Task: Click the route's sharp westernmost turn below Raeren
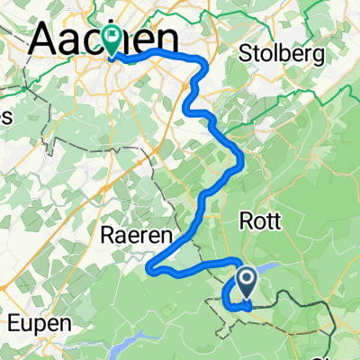[151, 266]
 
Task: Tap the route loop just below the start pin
[236, 301]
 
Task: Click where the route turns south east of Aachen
[198, 63]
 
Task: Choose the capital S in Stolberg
[247, 54]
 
